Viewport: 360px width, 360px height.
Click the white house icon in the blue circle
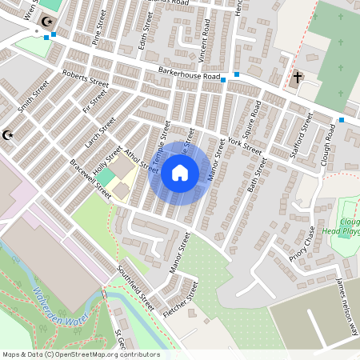[180, 172]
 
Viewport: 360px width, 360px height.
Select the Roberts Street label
[86, 81]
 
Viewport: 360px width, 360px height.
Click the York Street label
[244, 145]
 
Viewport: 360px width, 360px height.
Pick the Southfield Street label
[135, 287]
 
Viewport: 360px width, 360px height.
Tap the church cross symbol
[297, 78]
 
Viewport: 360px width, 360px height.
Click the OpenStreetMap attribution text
[81, 354]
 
